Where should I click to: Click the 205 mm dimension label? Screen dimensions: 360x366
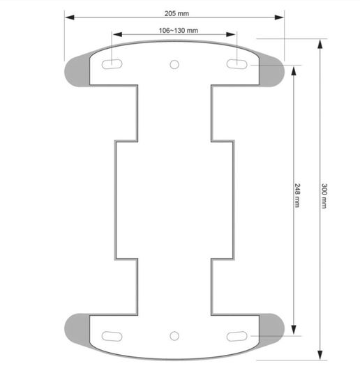177,13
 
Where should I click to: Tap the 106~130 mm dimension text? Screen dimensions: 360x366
178,31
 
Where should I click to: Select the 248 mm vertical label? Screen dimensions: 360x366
297,195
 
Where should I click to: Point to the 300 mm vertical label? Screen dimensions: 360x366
324,196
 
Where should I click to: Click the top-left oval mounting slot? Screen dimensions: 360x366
112,64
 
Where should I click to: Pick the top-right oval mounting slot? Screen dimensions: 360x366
237,64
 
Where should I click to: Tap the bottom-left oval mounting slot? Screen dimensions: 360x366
112,336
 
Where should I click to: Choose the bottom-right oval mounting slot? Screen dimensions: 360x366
237,336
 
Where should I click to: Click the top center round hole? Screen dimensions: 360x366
174,64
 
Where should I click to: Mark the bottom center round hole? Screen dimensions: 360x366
174,336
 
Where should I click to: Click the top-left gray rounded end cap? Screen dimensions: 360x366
77,71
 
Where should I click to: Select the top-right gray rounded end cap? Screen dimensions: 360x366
271,70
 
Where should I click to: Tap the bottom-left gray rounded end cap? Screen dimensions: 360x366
77,330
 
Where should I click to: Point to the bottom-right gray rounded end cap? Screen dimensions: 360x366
271,330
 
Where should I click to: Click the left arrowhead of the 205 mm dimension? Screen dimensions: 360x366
70,17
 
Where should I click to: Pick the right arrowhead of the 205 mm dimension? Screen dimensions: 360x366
279,17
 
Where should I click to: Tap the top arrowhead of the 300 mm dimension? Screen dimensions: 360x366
320,44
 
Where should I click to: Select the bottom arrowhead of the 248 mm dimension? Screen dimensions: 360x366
294,330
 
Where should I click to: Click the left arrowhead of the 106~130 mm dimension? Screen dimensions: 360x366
117,35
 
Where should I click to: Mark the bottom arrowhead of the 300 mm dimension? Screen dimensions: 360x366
320,356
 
